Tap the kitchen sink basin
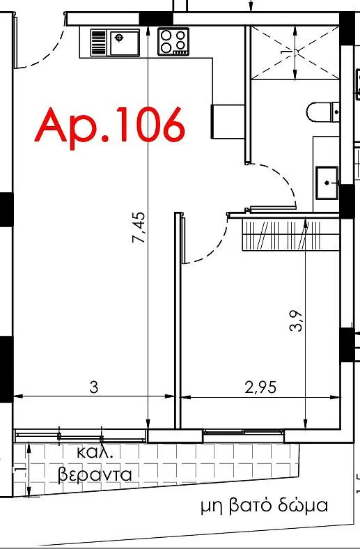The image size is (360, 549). point(125,43)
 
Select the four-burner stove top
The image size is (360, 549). point(173,41)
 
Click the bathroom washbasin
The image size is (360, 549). point(327,183)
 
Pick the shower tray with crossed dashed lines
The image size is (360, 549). point(295,52)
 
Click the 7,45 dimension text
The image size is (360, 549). point(138,227)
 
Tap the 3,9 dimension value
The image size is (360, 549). point(296,321)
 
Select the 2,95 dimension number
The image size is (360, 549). point(260,387)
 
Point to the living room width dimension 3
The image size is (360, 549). point(94,387)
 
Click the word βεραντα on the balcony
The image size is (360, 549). point(95,475)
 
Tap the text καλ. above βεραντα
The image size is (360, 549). point(95,452)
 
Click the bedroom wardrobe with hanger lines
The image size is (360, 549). point(291,234)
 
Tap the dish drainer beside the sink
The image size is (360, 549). point(98,42)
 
